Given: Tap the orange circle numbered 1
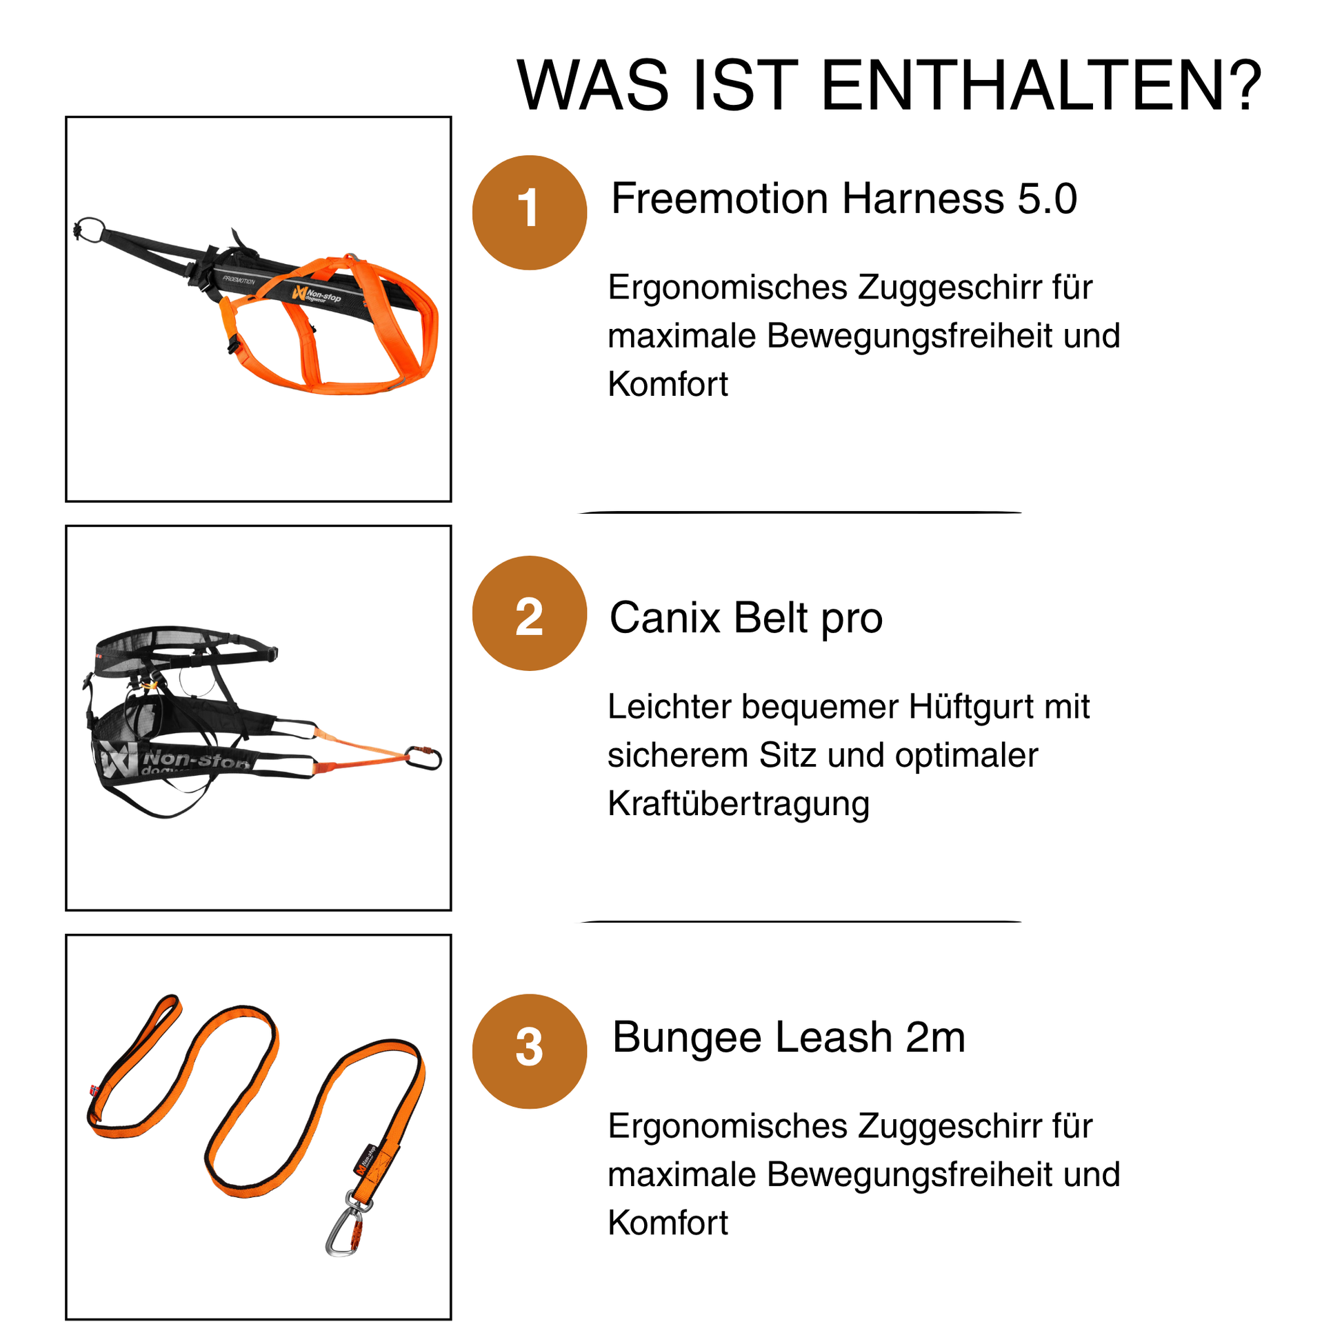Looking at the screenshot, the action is (530, 212).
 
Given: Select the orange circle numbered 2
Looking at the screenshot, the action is (530, 613).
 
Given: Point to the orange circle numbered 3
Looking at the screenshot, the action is (530, 1051).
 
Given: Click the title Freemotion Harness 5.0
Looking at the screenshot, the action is (844, 199).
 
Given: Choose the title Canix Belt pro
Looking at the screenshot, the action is (746, 617).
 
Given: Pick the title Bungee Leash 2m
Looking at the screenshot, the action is (788, 1037).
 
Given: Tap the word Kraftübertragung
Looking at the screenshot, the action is (739, 803).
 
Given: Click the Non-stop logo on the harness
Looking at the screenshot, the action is (317, 294).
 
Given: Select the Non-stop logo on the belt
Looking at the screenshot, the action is (174, 761).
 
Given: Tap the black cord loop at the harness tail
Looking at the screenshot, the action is (89, 228).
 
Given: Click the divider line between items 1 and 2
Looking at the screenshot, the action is (800, 512).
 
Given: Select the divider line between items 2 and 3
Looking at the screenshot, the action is (800, 922).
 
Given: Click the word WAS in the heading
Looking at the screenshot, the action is (593, 85).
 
